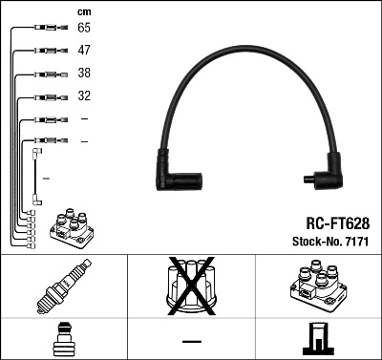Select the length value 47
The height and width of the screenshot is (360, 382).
coord(85,52)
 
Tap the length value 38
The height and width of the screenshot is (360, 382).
coord(85,74)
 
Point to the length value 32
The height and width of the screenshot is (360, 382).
coord(85,96)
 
